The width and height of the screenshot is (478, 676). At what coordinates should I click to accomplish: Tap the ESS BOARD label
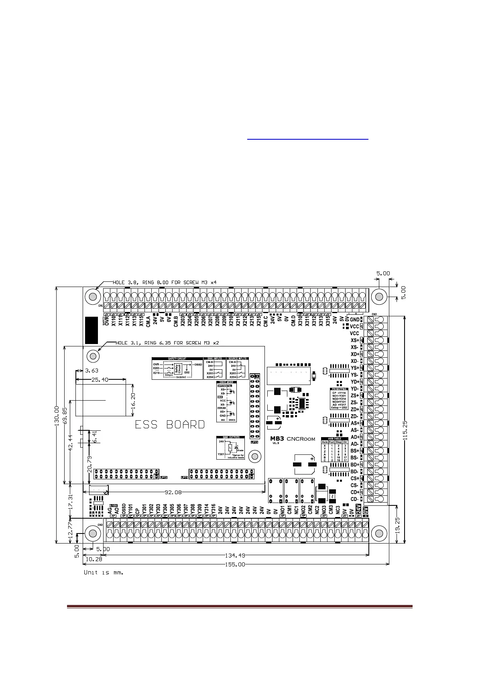[x=169, y=425]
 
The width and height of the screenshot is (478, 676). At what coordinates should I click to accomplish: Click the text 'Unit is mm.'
[x=103, y=572]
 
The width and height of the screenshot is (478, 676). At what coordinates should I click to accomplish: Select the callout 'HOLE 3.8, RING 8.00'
[x=165, y=282]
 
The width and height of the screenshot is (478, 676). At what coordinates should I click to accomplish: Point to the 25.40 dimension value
[x=100, y=379]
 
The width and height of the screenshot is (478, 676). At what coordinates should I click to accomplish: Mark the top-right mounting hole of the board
[x=378, y=297]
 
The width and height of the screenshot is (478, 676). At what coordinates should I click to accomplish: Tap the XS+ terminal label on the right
[x=354, y=340]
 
